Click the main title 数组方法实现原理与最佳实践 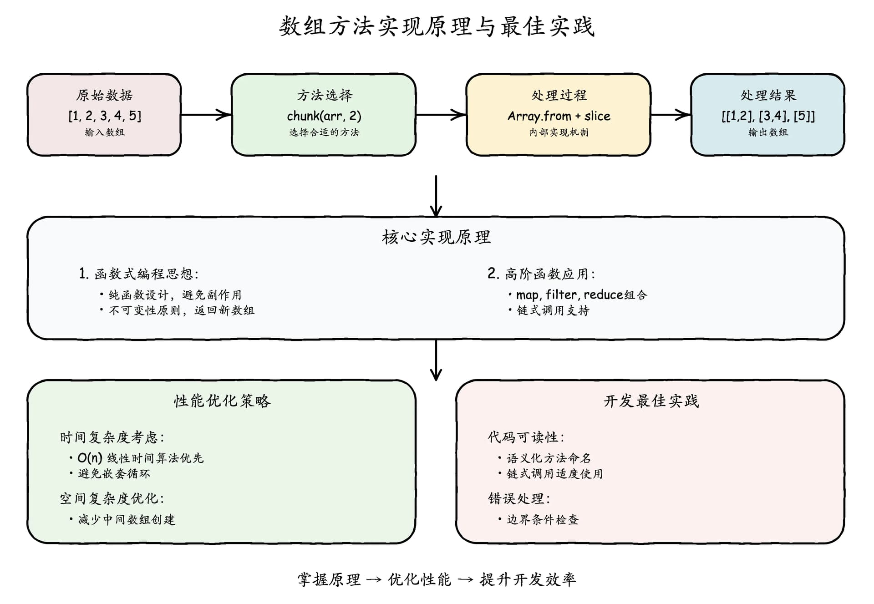[x=437, y=26]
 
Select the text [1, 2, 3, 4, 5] [x=105, y=116]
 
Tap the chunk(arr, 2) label [x=324, y=116]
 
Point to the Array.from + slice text [x=559, y=116]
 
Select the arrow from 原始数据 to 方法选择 [x=206, y=115]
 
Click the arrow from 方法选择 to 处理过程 [x=441, y=115]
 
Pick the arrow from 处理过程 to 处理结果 [x=671, y=115]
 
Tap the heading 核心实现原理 [x=436, y=237]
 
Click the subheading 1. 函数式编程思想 [x=138, y=274]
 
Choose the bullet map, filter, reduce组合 [x=578, y=295]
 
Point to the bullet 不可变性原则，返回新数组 [x=177, y=310]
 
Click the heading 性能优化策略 [x=222, y=401]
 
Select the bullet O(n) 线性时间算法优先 [x=137, y=458]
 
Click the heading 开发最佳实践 [x=651, y=401]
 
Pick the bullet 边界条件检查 [x=539, y=519]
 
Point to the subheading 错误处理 [x=519, y=498]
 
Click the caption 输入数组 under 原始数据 [x=105, y=132]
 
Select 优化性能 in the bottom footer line [x=420, y=579]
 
